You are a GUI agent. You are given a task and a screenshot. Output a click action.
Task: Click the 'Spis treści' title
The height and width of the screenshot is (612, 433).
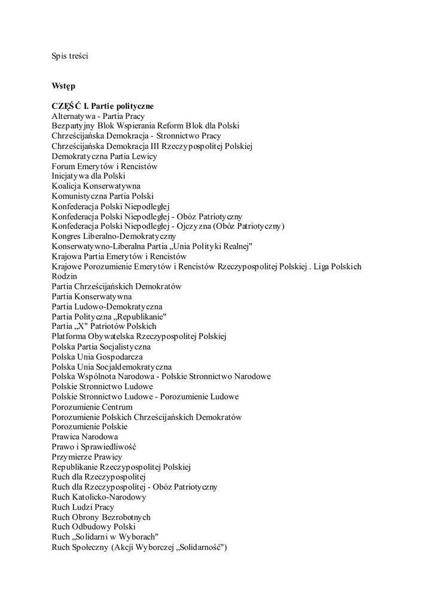pos(70,56)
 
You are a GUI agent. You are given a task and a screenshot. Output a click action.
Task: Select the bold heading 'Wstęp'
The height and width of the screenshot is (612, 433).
pos(63,86)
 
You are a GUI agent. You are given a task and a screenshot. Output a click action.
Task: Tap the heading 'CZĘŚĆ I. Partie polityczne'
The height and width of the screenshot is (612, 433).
pos(103,106)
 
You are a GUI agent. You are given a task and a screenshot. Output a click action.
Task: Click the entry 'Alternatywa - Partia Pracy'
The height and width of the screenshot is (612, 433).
pos(98,116)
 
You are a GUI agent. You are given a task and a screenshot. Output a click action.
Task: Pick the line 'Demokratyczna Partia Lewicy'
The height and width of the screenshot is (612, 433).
pos(104,156)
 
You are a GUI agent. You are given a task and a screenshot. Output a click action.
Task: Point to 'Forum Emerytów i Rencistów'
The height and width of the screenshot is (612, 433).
pos(104,166)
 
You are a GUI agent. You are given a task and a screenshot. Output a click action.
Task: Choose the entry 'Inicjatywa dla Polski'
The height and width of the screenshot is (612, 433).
pos(89,176)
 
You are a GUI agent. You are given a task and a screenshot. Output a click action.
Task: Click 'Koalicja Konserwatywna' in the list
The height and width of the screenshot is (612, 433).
pos(96,186)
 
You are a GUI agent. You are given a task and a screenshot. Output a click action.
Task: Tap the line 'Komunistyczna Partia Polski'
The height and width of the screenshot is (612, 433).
pos(102,196)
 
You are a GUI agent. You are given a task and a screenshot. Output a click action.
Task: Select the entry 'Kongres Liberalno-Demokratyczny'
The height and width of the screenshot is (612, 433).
pos(114,236)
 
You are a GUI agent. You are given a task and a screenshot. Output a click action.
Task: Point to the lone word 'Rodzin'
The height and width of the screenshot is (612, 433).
pos(64,277)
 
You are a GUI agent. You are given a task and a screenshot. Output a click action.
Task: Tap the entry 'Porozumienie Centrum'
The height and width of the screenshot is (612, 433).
pos(92,407)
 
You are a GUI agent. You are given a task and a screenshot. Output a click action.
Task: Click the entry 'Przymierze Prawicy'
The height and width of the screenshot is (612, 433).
pos(87,457)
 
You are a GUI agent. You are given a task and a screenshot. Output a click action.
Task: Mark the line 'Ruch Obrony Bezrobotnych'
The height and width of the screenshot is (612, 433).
pos(101,517)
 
